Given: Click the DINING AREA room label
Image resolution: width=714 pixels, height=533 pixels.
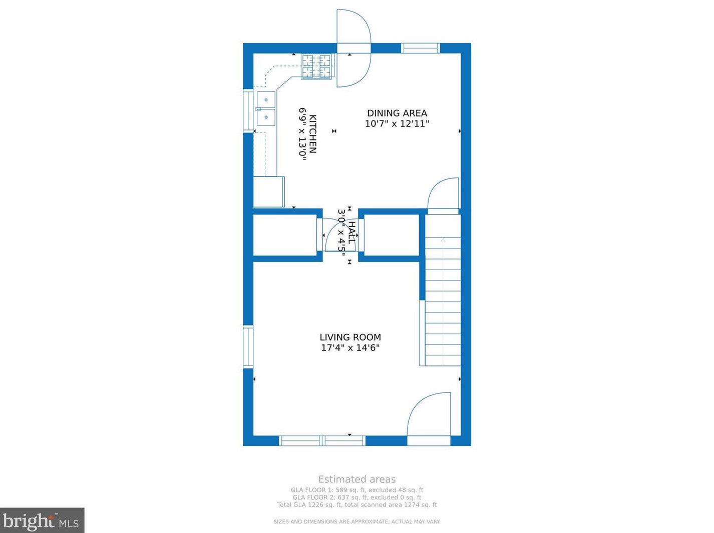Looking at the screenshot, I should [x=397, y=113].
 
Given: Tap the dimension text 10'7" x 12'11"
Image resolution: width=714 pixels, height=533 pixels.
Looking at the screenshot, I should [x=397, y=124].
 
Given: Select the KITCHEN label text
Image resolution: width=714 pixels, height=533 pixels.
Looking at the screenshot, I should [x=312, y=134].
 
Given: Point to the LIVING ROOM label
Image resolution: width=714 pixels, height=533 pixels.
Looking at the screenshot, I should [x=350, y=337].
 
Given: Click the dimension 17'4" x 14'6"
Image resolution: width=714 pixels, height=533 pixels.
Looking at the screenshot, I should [x=350, y=348].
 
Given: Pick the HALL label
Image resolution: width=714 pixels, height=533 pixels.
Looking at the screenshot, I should [x=352, y=232].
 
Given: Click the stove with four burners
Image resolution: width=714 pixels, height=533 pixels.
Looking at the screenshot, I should [x=316, y=66].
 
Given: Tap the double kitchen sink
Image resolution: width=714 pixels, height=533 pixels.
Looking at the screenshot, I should [x=265, y=108].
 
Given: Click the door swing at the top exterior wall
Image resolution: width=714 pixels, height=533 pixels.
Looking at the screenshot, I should [x=353, y=48].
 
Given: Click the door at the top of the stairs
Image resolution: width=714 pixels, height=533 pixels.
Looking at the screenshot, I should [x=444, y=195].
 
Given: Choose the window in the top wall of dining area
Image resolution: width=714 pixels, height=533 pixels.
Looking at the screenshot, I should [x=421, y=48].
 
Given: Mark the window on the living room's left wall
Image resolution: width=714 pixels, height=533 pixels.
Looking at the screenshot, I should [x=248, y=346].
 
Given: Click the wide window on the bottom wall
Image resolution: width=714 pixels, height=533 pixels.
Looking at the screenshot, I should [x=322, y=441].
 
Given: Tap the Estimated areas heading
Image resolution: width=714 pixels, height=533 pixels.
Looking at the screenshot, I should [x=356, y=479].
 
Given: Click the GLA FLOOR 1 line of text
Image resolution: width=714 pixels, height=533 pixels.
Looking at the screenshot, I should [x=356, y=490].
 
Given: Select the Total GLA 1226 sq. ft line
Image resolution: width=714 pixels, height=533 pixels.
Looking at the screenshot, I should [x=356, y=505].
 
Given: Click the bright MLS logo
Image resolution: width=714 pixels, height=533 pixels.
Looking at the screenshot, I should [x=42, y=521].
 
